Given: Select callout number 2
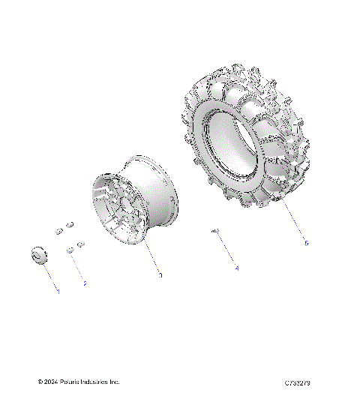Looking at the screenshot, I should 85,284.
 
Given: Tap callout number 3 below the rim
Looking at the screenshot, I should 160,275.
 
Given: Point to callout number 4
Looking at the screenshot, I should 236,267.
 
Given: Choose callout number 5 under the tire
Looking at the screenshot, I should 306,242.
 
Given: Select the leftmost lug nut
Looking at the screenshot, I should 57,229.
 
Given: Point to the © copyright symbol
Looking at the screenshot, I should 40,382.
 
